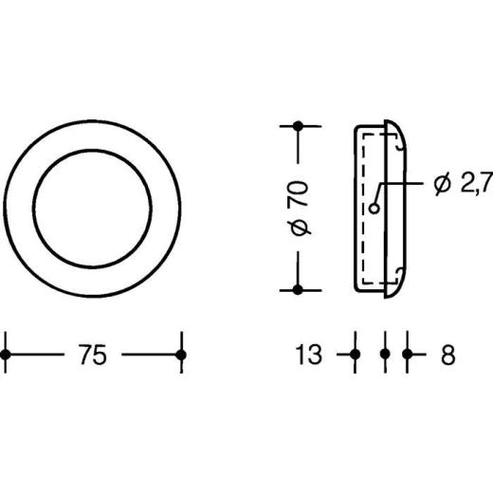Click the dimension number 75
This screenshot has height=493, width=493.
coord(92,355)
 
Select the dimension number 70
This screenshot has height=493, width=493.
coord(298,193)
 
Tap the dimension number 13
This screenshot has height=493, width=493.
coord(308,355)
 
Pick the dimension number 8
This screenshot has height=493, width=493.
coord(448,355)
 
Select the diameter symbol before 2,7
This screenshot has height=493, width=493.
coord(442,184)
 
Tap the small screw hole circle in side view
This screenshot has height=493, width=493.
coord(374,209)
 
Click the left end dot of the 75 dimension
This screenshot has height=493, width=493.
coord(6,355)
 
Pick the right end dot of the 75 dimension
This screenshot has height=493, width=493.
coord(181,355)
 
